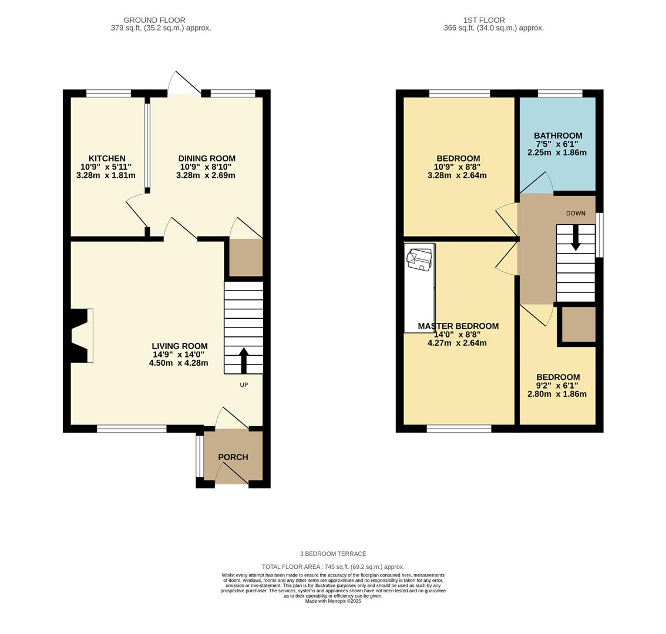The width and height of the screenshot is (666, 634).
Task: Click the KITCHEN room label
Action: [107, 158]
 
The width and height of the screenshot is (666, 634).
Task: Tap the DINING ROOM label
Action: [207, 158]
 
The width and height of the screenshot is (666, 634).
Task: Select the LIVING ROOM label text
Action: [180, 346]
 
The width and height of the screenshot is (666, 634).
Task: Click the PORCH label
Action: [233, 457]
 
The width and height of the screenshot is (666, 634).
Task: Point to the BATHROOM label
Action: [558, 136]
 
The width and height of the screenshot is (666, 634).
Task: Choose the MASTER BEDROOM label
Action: [458, 326]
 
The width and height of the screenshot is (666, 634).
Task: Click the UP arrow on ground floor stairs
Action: [244, 360]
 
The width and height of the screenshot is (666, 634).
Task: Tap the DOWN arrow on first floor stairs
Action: [576, 238]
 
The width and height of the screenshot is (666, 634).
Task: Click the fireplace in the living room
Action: [80, 335]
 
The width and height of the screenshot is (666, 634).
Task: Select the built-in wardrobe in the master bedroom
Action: [419, 288]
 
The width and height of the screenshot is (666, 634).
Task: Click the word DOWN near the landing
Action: [576, 213]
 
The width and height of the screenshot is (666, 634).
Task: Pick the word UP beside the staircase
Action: [244, 385]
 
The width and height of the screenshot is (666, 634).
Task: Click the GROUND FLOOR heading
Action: [154, 20]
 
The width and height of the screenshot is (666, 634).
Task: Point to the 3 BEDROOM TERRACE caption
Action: [333, 554]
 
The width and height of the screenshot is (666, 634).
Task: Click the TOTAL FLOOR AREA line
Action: [333, 566]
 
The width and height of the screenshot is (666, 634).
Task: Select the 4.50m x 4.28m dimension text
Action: [179, 363]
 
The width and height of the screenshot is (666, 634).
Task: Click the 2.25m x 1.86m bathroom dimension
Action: [557, 152]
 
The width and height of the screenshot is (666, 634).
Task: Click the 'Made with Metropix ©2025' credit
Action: [333, 601]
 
